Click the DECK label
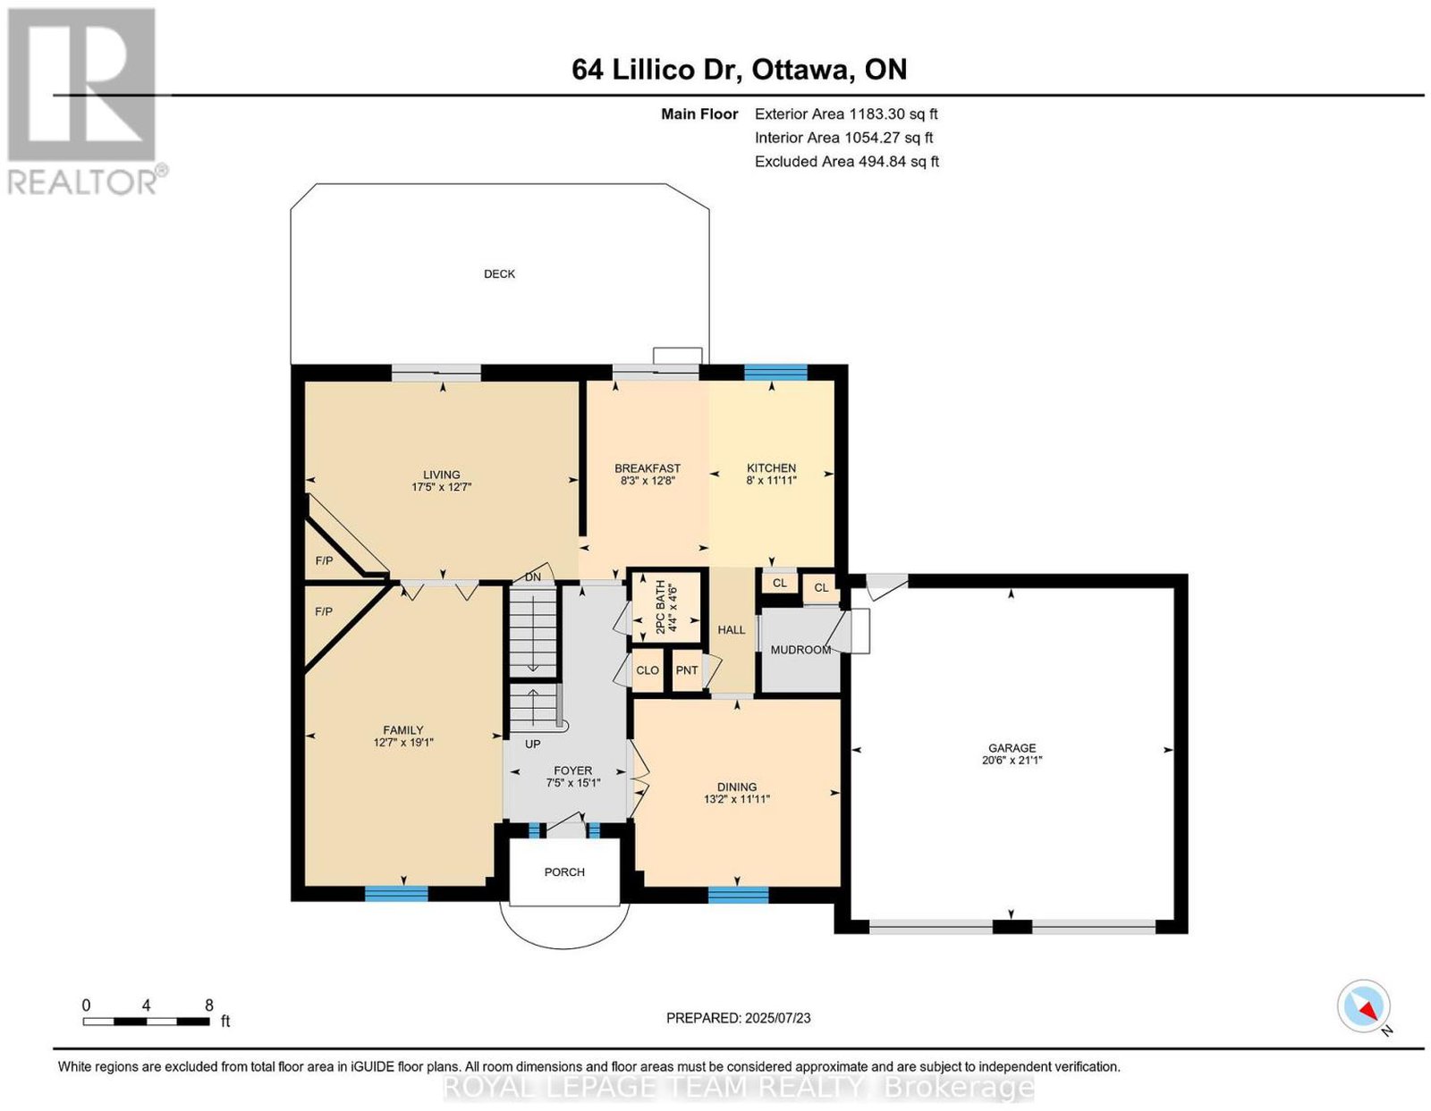(499, 274)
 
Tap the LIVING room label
(441, 475)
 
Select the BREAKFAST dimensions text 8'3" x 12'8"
(648, 481)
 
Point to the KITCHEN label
(771, 467)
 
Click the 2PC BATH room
(665, 607)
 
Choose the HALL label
(731, 629)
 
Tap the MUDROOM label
(800, 649)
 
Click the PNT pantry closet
(687, 669)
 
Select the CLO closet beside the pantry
(648, 669)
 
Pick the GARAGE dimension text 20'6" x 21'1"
(1012, 760)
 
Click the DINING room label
(737, 787)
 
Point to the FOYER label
(573, 770)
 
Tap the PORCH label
(564, 871)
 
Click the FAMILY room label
(403, 729)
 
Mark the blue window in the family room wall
(396, 893)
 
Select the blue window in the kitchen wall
(775, 373)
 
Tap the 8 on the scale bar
(208, 1006)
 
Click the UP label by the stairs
(533, 744)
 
